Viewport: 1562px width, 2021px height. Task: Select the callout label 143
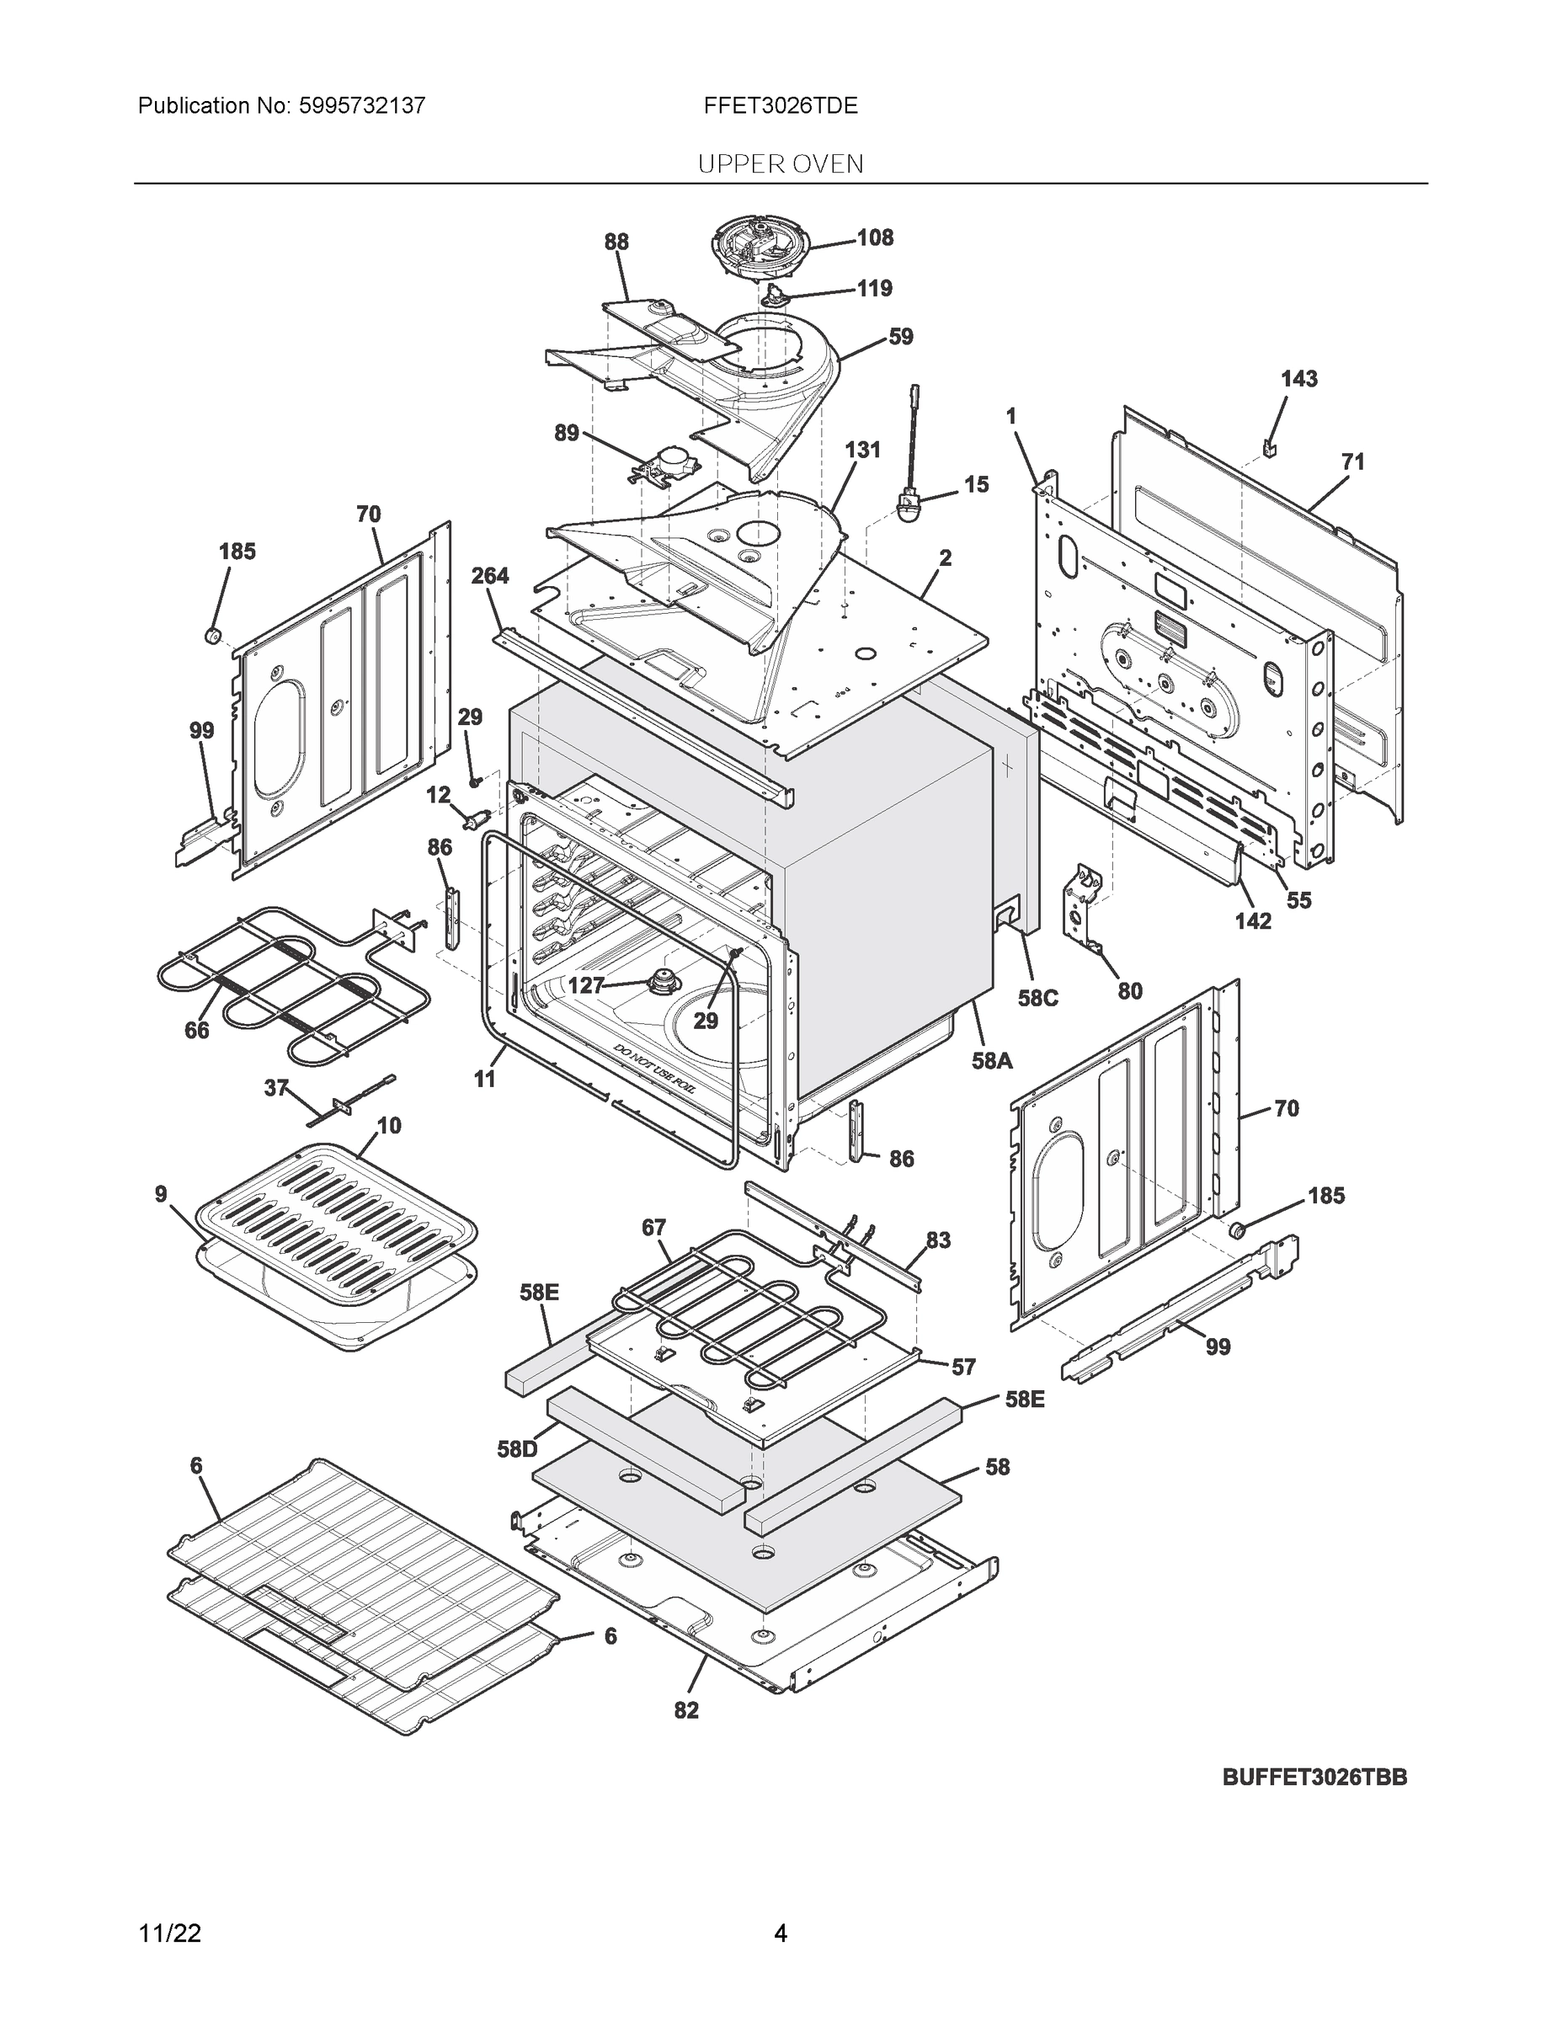[x=1298, y=378]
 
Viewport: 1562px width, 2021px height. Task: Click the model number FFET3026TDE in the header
[x=780, y=105]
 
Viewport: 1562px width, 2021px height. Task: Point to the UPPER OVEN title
[x=780, y=164]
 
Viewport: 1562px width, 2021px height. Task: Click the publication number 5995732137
[x=362, y=105]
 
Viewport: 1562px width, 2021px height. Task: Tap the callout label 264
[x=489, y=576]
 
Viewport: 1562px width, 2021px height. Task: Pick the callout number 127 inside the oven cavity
[x=586, y=985]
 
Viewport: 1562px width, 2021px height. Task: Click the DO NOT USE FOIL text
[x=653, y=1069]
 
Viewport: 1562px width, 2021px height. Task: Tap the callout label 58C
[x=1037, y=998]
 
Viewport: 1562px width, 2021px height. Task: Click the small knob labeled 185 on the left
[x=212, y=635]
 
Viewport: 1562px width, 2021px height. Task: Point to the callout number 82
[x=685, y=1710]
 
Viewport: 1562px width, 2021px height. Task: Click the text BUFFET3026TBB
[x=1314, y=1777]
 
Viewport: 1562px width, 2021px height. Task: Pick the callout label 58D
[x=516, y=1449]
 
